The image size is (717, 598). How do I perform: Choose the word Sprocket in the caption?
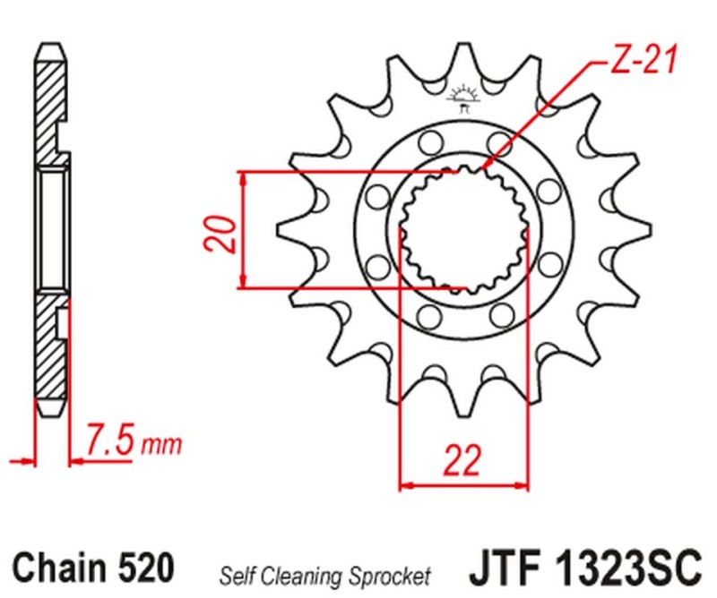[x=392, y=573]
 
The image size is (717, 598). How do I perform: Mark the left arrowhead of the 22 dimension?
[x=404, y=487]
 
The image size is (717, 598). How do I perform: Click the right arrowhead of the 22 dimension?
[x=523, y=487]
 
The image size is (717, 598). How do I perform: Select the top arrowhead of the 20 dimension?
[x=241, y=175]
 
